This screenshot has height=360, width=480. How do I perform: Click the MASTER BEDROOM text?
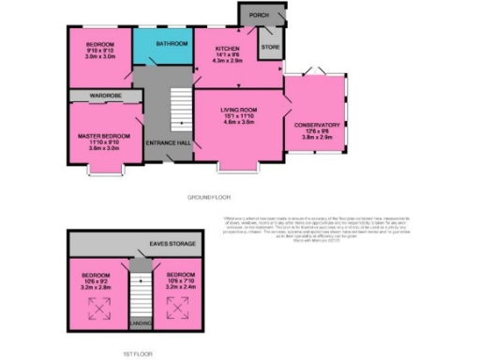[x=102, y=136]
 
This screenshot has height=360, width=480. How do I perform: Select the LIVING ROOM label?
[x=239, y=110]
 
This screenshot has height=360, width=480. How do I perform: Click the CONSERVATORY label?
[x=316, y=125]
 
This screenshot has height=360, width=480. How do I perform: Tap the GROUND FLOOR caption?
[x=208, y=199]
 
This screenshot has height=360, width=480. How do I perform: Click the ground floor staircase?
[x=176, y=109]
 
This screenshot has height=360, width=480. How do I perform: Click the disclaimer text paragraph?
[x=299, y=220]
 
